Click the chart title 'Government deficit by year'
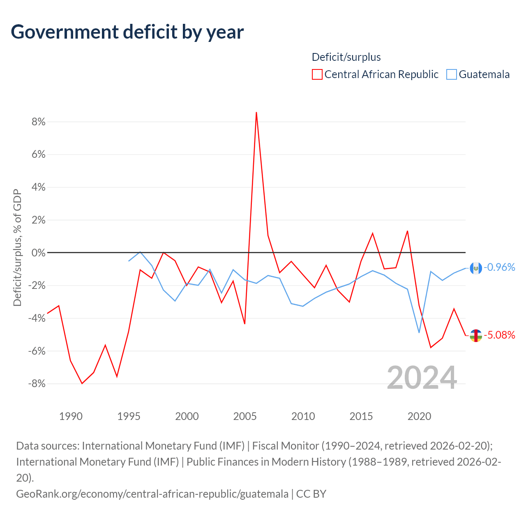[x=127, y=32]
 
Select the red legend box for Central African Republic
[x=317, y=74]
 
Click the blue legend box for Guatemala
[x=451, y=74]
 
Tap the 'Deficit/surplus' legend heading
[x=346, y=57]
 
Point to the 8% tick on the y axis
[x=39, y=122]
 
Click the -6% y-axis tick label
[x=37, y=351]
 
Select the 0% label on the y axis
[x=39, y=253]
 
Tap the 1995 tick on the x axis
[x=129, y=416]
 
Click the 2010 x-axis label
[x=303, y=416]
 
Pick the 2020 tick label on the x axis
[x=419, y=416]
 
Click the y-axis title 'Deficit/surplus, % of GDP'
[x=18, y=247]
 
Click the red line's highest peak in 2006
[x=256, y=112]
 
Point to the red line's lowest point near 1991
[x=82, y=383]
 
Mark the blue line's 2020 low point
[x=419, y=332]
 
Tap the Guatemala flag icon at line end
[x=476, y=268]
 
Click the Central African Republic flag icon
[x=476, y=335]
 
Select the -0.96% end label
[x=499, y=267]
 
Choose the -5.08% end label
[x=499, y=335]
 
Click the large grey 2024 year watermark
[x=422, y=378]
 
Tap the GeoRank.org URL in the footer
[x=152, y=494]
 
